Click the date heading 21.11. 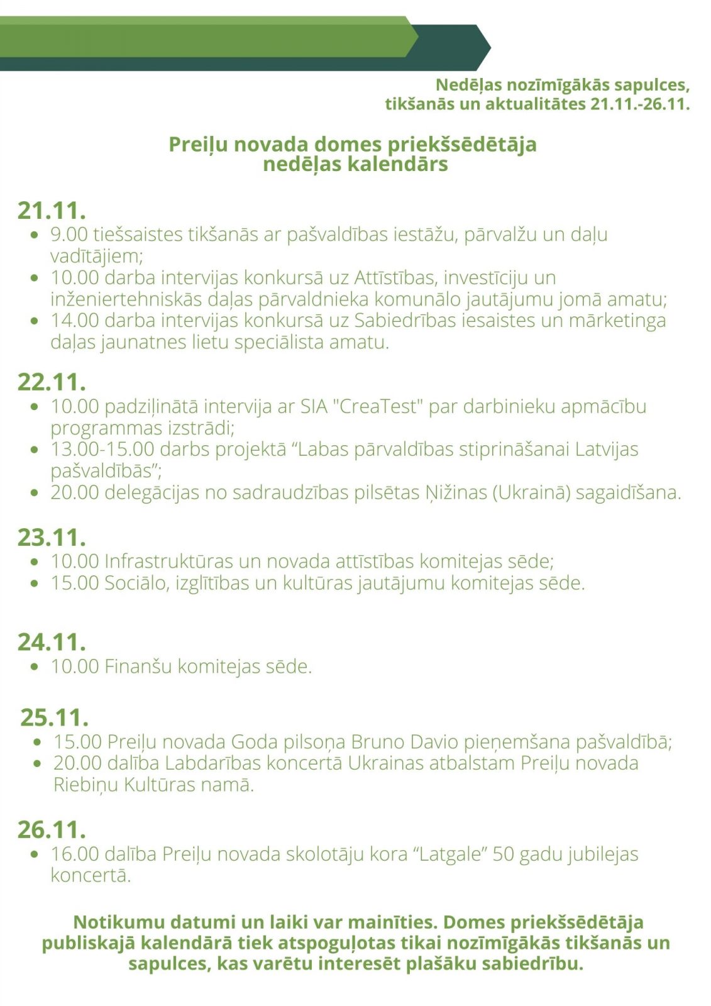[x=52, y=211]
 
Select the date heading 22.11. [x=52, y=382]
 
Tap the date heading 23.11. [x=52, y=538]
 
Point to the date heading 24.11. [x=52, y=642]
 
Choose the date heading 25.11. [x=54, y=717]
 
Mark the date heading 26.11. [x=52, y=830]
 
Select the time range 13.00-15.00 [x=102, y=449]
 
